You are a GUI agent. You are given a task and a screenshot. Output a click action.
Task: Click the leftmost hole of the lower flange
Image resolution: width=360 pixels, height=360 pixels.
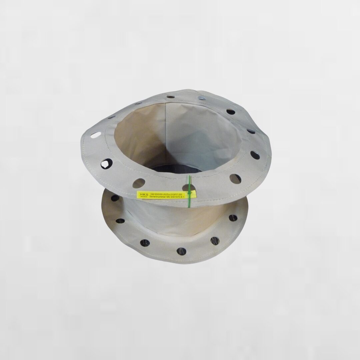coord(115,198)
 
